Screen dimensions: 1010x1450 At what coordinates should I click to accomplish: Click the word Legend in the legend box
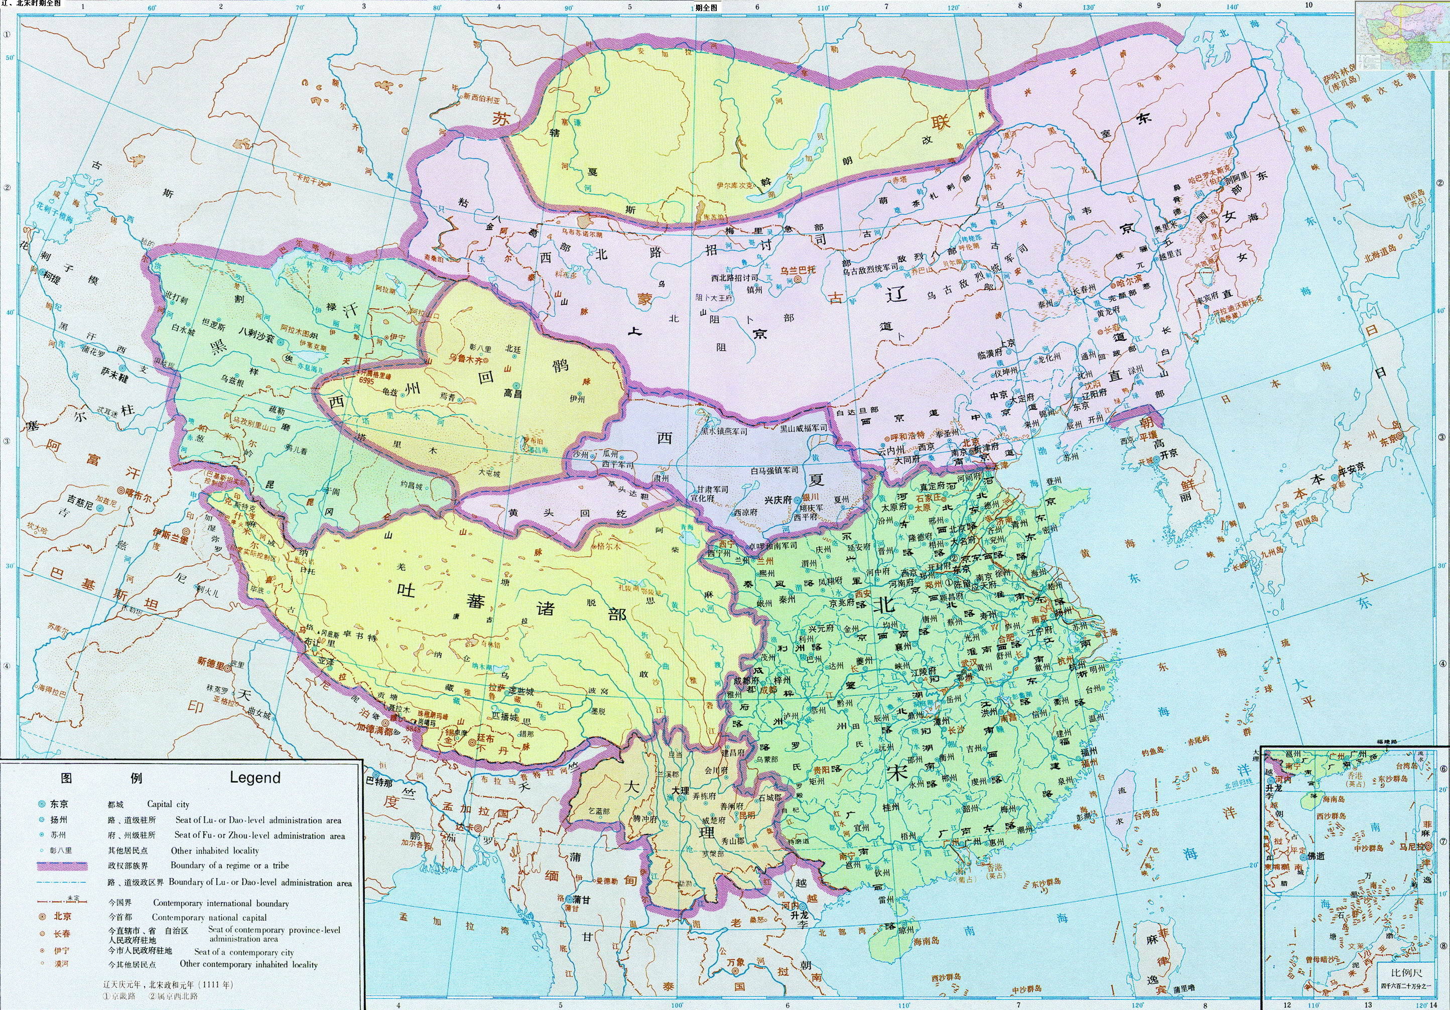click(254, 778)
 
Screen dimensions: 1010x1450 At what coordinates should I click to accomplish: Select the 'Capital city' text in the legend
click(168, 805)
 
